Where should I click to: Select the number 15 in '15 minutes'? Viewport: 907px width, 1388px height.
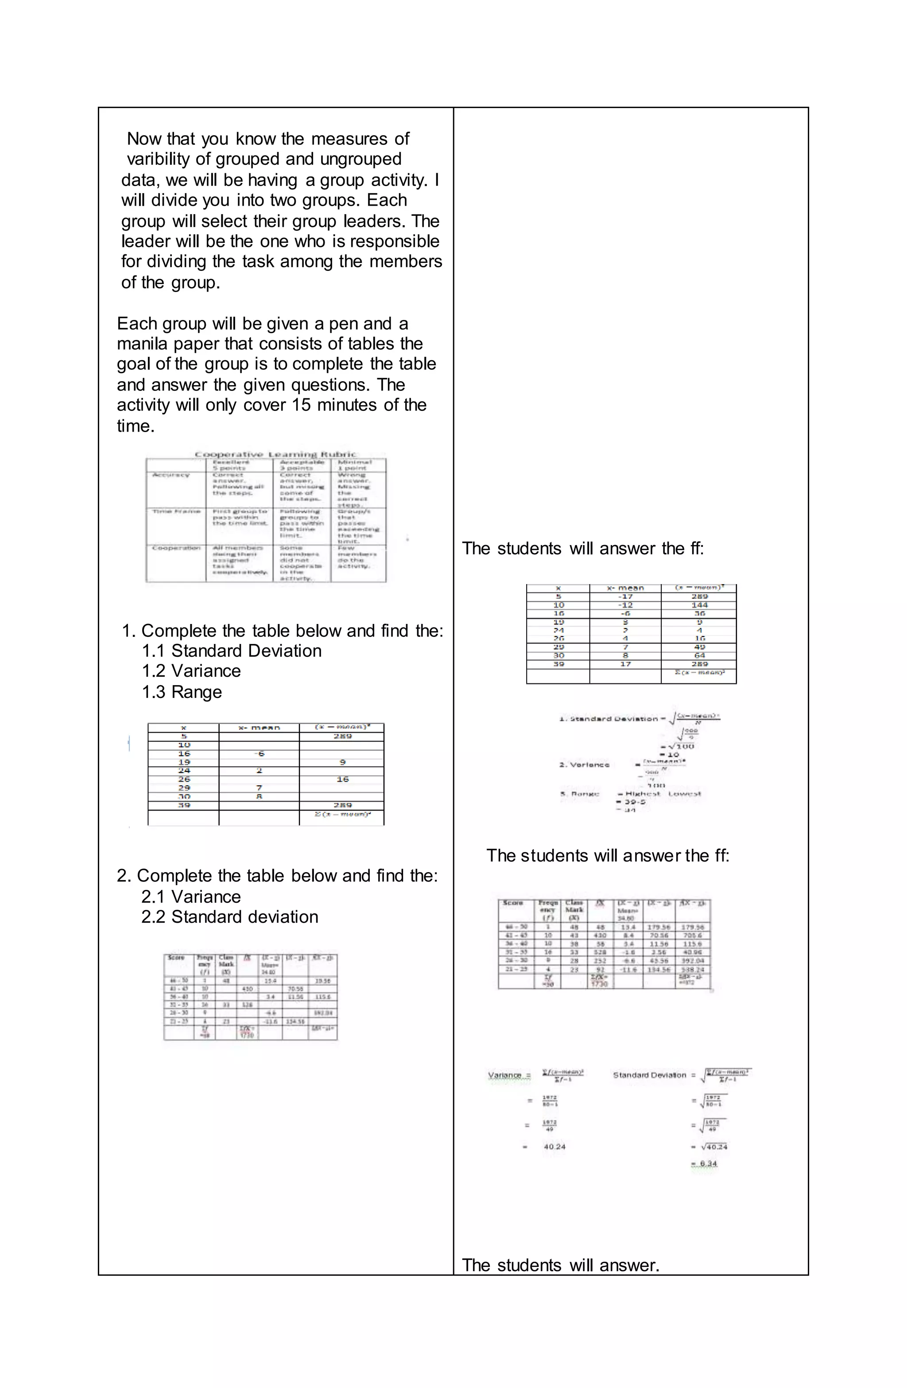(x=301, y=405)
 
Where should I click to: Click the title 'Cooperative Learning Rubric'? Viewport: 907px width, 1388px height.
(x=275, y=454)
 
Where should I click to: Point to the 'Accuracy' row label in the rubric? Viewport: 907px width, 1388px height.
(x=171, y=475)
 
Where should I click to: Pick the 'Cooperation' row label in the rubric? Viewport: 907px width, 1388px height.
(x=175, y=548)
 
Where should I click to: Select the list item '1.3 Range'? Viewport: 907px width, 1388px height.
(x=182, y=692)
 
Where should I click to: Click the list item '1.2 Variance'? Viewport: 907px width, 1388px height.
(x=191, y=671)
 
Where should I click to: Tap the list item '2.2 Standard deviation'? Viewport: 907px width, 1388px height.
(x=230, y=917)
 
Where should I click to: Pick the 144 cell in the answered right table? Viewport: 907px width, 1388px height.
(x=699, y=605)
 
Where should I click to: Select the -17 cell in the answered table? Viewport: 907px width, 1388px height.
(x=625, y=597)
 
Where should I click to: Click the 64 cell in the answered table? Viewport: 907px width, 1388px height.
(x=699, y=655)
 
